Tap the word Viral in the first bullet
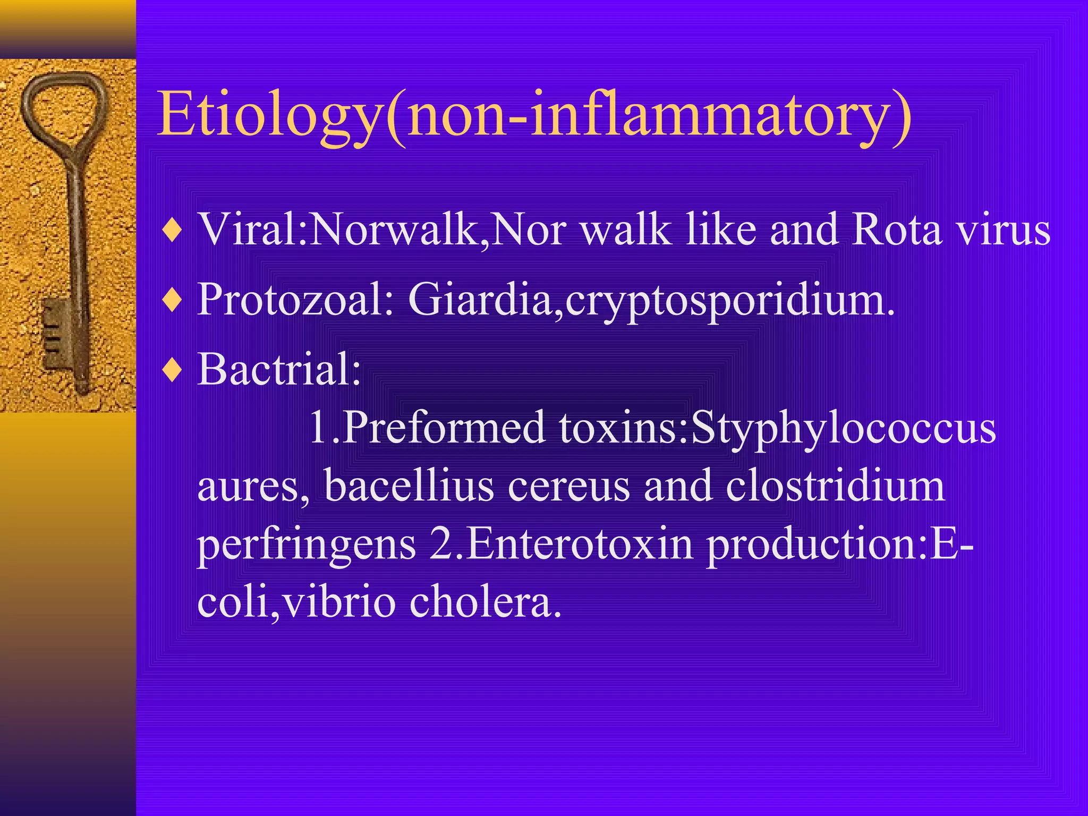coord(250,229)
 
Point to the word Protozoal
coord(295,299)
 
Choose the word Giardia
coord(481,299)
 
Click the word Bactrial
coord(279,369)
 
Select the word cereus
coord(568,486)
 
